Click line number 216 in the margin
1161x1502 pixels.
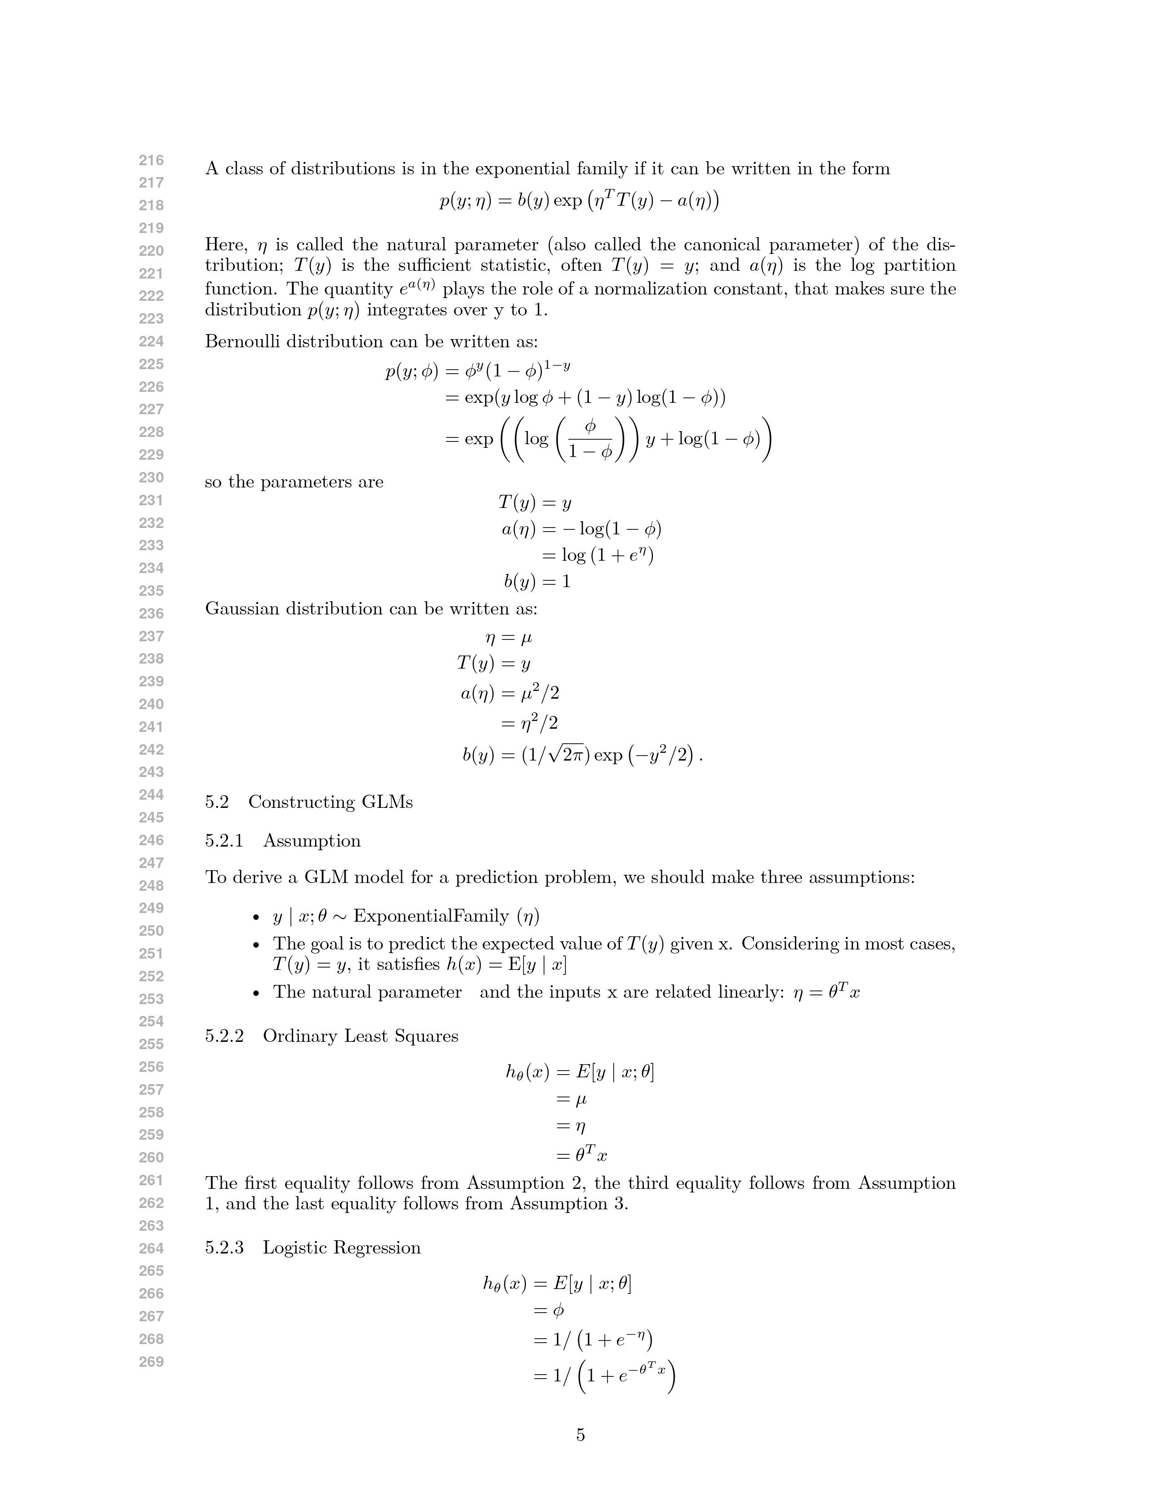coord(151,160)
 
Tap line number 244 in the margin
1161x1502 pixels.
coord(151,795)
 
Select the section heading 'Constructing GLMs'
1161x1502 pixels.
coord(330,802)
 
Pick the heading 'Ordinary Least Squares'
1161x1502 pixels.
coord(361,1036)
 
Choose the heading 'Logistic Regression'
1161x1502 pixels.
coord(342,1248)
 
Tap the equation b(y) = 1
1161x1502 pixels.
coord(537,582)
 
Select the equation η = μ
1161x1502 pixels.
coord(509,638)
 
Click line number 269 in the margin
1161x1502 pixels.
coord(151,1362)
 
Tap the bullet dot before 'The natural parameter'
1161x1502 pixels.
coord(256,993)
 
